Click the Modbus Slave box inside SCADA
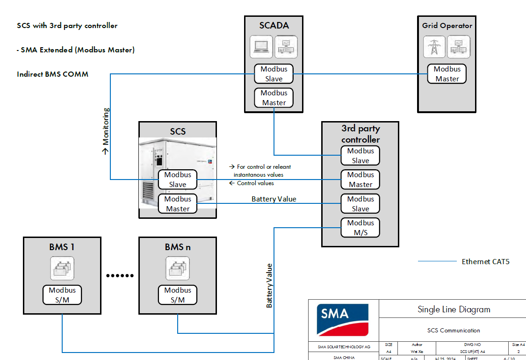(274, 74)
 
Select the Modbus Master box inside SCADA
(274, 98)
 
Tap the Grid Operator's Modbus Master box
(447, 74)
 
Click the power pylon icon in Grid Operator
(434, 47)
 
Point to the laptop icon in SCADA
(261, 47)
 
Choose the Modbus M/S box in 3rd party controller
(360, 228)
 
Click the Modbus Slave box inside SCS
(178, 180)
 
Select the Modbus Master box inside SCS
(178, 204)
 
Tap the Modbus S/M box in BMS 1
(62, 295)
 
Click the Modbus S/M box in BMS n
(178, 295)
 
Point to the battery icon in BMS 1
(62, 268)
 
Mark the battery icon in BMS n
(178, 268)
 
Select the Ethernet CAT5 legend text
(485, 261)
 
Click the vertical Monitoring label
(106, 131)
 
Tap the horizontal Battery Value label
(274, 199)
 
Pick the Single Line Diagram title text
(454, 310)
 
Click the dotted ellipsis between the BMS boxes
(120, 275)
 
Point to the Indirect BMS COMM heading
(52, 74)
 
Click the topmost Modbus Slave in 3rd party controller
(360, 156)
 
